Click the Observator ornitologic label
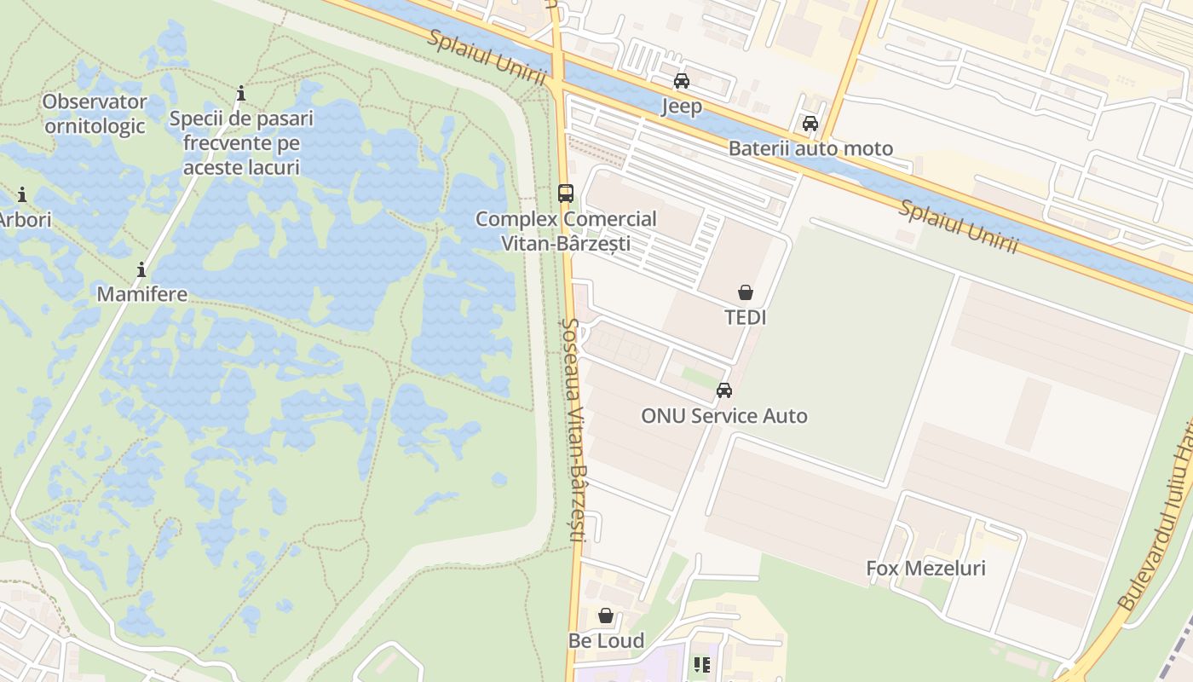pyautogui.click(x=95, y=114)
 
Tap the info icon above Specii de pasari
pyautogui.click(x=241, y=92)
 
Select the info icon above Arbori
pyautogui.click(x=21, y=194)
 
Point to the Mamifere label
pyautogui.click(x=141, y=294)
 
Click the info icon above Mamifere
pyautogui.click(x=141, y=270)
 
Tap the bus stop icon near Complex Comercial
pyautogui.click(x=566, y=193)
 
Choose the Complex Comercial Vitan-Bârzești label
pyautogui.click(x=566, y=231)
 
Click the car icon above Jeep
pyautogui.click(x=682, y=81)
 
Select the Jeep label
pyautogui.click(x=682, y=106)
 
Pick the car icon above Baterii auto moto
pyautogui.click(x=810, y=124)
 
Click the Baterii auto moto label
pyautogui.click(x=810, y=148)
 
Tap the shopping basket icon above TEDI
pyautogui.click(x=746, y=292)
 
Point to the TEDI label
pyautogui.click(x=746, y=317)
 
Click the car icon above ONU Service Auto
pyautogui.click(x=724, y=390)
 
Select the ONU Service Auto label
pyautogui.click(x=724, y=416)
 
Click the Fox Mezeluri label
pyautogui.click(x=925, y=568)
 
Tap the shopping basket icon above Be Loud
pyautogui.click(x=606, y=616)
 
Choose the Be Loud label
pyautogui.click(x=606, y=640)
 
